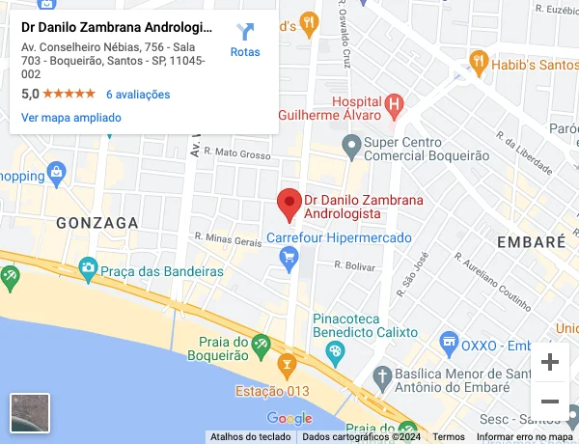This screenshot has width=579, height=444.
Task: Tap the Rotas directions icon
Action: tap(245, 32)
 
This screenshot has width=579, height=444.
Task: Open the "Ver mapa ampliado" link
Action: tap(71, 118)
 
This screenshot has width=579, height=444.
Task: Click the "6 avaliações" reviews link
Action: tap(138, 95)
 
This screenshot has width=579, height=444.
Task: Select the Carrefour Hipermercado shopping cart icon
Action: tap(288, 256)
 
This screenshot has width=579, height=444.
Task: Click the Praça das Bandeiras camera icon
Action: tap(88, 267)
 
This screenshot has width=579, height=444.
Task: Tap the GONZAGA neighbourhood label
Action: tap(97, 222)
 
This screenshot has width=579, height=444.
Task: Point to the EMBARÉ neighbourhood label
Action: tap(530, 241)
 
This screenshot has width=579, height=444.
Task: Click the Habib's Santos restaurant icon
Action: tap(478, 64)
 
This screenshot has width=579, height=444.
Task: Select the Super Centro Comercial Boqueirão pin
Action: tap(352, 147)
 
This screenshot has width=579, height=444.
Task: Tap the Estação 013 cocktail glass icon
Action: tap(285, 366)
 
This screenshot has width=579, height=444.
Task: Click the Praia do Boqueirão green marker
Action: tap(261, 344)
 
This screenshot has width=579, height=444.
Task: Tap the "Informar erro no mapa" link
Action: tap(525, 437)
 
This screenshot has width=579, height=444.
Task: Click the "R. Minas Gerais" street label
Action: tap(228, 237)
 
